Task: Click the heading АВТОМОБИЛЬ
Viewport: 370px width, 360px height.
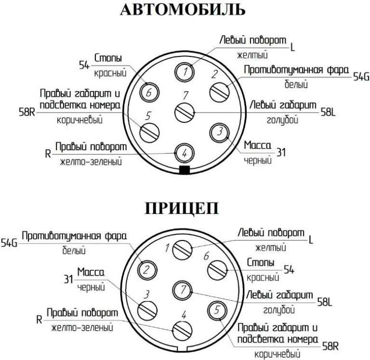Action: click(183, 10)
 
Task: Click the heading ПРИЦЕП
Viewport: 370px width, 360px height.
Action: click(182, 208)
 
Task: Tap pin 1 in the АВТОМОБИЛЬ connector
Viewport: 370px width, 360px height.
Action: click(185, 71)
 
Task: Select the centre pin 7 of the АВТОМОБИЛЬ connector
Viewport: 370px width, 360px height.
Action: click(185, 113)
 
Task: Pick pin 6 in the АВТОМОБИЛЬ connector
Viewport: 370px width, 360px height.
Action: click(149, 92)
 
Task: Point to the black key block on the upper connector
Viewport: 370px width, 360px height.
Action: click(185, 170)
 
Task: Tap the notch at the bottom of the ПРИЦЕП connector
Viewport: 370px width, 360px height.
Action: click(181, 349)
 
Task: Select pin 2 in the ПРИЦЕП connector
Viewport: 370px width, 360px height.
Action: click(147, 270)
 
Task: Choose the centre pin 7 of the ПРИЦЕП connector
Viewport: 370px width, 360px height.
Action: click(182, 290)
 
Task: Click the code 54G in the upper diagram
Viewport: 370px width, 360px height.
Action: click(361, 77)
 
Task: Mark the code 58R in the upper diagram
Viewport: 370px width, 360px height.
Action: click(27, 112)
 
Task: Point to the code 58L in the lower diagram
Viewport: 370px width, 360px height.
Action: click(325, 302)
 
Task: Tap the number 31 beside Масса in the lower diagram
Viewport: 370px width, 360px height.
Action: click(68, 279)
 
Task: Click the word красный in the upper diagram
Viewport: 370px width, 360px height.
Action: click(110, 73)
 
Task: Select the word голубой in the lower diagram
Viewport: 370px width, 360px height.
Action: click(279, 310)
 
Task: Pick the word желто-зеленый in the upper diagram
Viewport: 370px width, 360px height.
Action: click(91, 162)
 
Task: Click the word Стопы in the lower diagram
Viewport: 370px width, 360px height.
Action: click(261, 262)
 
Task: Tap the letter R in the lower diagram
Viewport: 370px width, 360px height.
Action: click(39, 320)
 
